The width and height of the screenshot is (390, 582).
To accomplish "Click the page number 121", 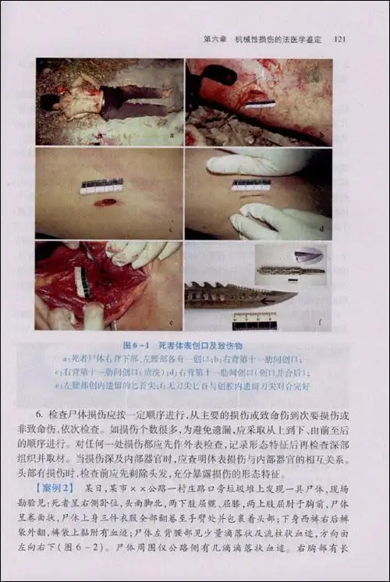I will click(340, 39).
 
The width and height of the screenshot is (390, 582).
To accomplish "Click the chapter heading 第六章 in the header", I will click(215, 39).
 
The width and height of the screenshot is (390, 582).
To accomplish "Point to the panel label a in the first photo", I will click(169, 135).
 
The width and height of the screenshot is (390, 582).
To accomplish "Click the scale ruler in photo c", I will click(102, 186).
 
